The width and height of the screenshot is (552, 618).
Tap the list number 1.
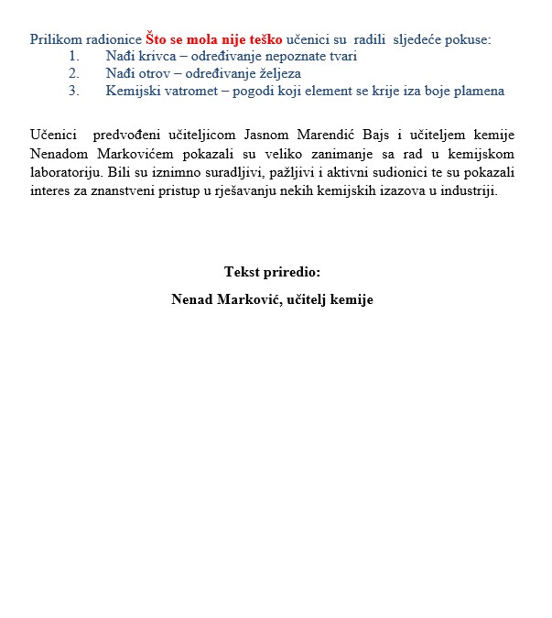73,56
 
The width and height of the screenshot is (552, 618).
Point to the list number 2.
73,73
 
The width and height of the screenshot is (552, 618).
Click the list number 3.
73,91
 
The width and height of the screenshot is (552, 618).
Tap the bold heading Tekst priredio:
273,272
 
